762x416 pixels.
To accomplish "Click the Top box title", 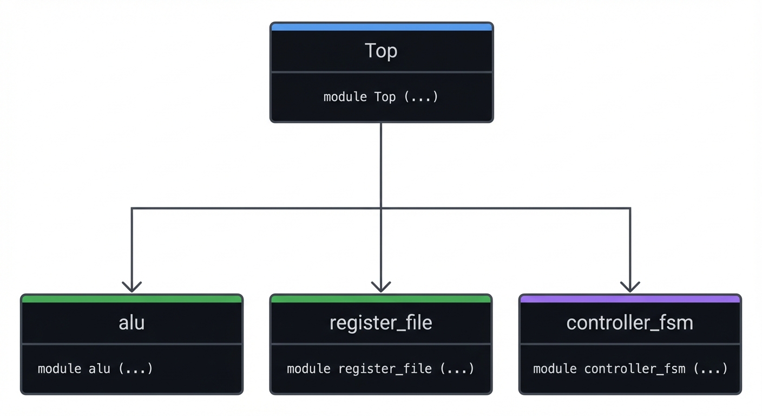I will (x=381, y=51).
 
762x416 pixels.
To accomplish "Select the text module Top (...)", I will (x=381, y=97).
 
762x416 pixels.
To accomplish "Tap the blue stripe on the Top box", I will (x=381, y=27).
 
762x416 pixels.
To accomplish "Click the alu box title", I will (x=132, y=323).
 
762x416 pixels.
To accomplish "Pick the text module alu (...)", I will (x=95, y=369).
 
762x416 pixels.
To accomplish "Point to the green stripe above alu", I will (x=132, y=299).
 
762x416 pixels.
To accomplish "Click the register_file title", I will (x=381, y=323).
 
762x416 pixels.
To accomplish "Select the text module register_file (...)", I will (x=380, y=369).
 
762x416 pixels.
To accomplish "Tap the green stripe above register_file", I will (x=381, y=299).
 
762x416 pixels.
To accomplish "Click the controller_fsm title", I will (x=630, y=323).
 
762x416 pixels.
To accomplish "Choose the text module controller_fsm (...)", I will (x=630, y=369).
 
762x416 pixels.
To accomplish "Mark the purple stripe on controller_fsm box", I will (x=630, y=299).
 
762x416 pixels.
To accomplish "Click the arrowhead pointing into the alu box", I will (x=132, y=288).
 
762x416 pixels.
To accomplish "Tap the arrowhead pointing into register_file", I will (x=381, y=288).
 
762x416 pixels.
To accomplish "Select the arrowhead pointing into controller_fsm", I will (x=630, y=288).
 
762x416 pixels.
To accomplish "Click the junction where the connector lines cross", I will (x=381, y=208).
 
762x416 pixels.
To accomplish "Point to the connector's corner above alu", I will (x=132, y=208).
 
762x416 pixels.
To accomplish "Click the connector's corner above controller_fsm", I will (x=630, y=208).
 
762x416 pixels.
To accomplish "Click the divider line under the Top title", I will (x=381, y=71).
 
